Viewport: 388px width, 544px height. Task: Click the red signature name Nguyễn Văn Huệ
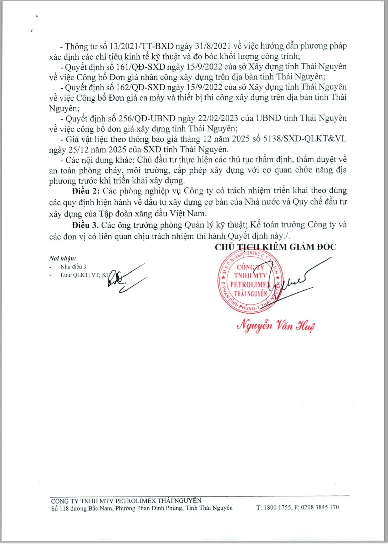276,326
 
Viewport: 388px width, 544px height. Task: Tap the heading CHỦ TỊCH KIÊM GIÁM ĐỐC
275,247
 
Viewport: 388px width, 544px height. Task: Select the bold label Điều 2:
86,191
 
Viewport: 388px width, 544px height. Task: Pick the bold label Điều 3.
85,225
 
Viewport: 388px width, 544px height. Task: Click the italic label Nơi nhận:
63,258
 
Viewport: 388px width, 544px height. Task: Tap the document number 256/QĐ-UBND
147,119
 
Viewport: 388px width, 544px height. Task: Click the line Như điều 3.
74,267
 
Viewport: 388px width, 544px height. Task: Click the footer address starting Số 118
142,508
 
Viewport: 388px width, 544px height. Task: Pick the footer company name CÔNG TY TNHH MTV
126,501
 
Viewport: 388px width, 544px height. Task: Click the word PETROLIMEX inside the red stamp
250,284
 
